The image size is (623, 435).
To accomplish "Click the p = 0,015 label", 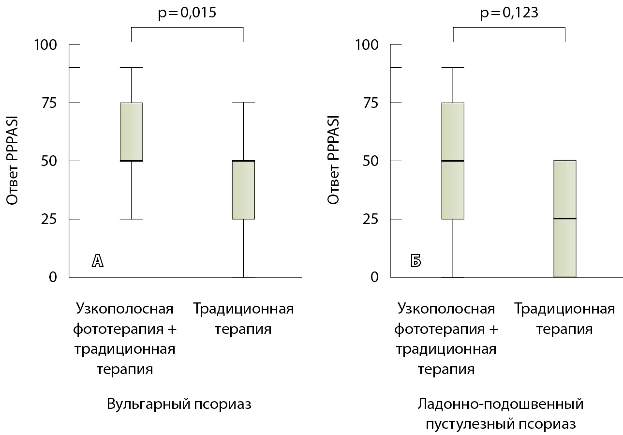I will coord(187,13).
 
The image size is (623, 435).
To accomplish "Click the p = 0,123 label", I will coord(509,13).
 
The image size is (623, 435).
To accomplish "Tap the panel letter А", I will coord(98,261).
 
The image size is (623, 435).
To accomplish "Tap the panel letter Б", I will coord(415,261).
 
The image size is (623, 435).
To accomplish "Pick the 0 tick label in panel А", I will coord(53,277).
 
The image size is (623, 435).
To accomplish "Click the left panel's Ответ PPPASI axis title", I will coord(13,160).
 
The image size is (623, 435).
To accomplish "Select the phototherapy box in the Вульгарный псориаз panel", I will coord(132,132).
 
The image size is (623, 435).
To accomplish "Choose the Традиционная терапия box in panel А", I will coord(243,190).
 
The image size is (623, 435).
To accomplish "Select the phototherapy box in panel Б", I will coord(453,161).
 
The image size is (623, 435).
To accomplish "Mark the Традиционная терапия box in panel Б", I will coord(565,219).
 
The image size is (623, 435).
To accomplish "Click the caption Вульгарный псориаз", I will coord(179,404).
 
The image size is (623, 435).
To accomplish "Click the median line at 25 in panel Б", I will coord(565,219).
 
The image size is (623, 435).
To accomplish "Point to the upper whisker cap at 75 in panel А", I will coord(243,103).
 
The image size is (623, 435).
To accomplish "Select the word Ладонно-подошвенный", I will coord(501,404).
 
